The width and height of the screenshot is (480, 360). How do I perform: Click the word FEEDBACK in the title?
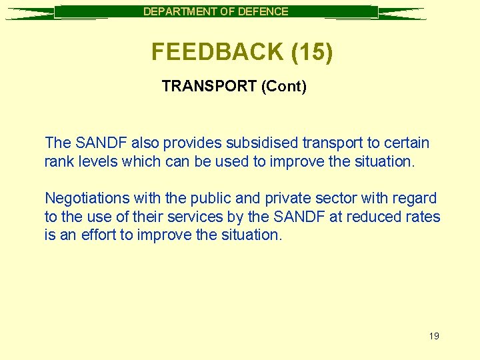click(x=217, y=52)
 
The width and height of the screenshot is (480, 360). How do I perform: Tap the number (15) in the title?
click(x=311, y=52)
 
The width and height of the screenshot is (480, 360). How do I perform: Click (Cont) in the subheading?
click(x=284, y=87)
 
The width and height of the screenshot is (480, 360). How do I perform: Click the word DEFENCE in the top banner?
click(x=265, y=11)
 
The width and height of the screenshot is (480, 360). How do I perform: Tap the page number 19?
click(x=434, y=336)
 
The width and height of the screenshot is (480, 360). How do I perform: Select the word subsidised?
click(x=261, y=143)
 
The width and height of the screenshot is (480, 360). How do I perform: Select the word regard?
click(x=415, y=198)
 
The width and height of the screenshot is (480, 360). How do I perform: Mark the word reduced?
click(x=382, y=217)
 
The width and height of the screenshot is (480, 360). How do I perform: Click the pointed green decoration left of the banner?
click(x=30, y=13)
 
